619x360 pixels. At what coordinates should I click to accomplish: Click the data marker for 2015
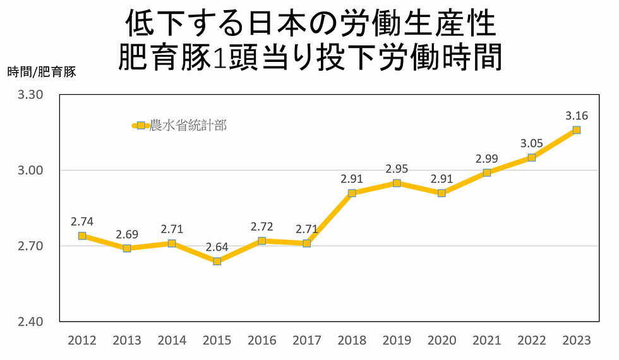[217, 261]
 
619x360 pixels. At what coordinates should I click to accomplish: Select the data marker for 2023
[576, 130]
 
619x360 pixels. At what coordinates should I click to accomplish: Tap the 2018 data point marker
[352, 193]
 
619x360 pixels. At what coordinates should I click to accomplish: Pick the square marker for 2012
[82, 236]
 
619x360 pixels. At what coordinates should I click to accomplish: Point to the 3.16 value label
[576, 116]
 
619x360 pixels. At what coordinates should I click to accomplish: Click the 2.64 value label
[217, 247]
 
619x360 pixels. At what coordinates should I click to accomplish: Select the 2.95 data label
[397, 169]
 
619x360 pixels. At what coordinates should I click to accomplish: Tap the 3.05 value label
[531, 143]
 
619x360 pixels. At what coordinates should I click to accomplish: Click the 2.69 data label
[127, 234]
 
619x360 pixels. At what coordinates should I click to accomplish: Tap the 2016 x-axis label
[262, 340]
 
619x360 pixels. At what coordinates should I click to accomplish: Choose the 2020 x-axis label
[442, 340]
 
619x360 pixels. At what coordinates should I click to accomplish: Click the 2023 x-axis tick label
[576, 340]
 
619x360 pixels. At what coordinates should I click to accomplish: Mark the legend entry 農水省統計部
[187, 126]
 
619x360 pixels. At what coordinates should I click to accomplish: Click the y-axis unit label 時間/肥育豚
[42, 72]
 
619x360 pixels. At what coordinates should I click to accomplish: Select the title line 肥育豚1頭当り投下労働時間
[309, 57]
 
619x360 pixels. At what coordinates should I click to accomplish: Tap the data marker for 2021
[486, 172]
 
